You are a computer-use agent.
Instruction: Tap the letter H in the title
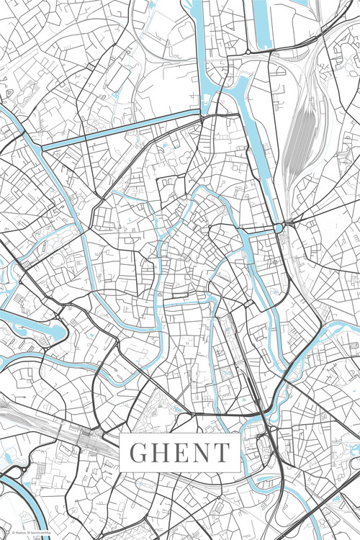[x=159, y=453]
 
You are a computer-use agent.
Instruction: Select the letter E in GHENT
[x=180, y=453]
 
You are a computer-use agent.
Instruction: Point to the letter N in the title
[x=200, y=453]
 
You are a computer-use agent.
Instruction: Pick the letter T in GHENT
[x=221, y=453]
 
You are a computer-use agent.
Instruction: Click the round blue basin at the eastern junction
[x=279, y=228]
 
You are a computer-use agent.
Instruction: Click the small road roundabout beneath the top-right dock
[x=251, y=53]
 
